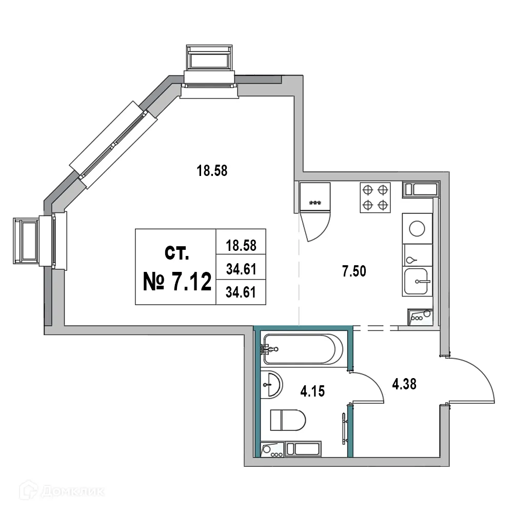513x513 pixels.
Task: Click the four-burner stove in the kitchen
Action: click(x=374, y=198)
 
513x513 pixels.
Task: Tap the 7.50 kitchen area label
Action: click(x=354, y=272)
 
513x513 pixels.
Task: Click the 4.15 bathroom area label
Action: click(x=312, y=392)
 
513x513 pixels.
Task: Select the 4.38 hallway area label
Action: click(x=403, y=383)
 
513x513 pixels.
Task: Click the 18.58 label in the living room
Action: click(x=212, y=170)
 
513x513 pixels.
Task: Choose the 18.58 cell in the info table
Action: click(x=241, y=246)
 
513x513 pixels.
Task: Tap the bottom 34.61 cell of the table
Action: click(x=241, y=292)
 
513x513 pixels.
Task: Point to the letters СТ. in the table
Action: click(x=176, y=252)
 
